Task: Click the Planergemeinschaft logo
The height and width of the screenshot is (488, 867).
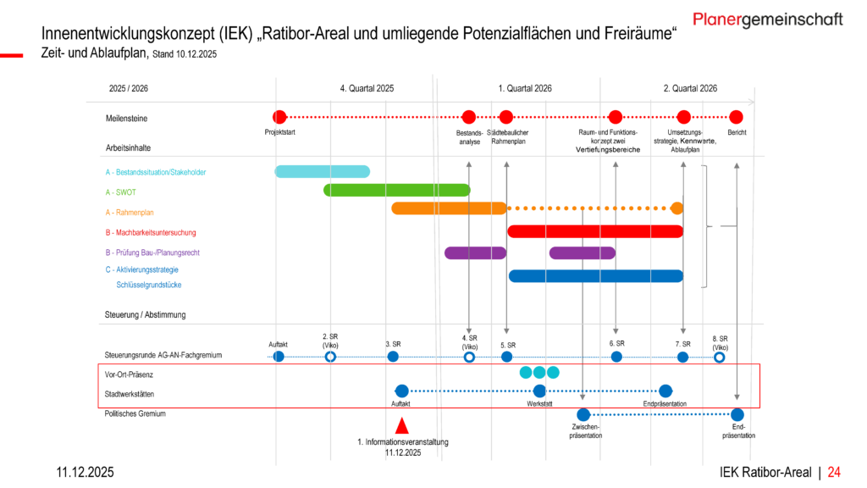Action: (x=767, y=19)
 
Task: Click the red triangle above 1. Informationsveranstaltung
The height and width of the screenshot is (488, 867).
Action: (x=403, y=426)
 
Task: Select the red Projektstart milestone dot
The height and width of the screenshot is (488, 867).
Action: (x=279, y=117)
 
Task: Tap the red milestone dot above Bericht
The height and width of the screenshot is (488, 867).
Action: (x=737, y=117)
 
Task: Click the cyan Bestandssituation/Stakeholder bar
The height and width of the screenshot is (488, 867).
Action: (x=322, y=172)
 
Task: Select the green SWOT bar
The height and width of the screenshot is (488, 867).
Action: (x=396, y=190)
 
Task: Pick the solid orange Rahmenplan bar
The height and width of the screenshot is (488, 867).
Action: (x=449, y=208)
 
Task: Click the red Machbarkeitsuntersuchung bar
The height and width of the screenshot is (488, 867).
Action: (x=595, y=231)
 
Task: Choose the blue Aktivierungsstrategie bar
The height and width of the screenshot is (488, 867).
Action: (x=596, y=275)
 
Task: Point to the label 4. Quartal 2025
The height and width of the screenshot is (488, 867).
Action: (x=367, y=88)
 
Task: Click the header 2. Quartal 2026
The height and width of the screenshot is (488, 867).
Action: (x=690, y=88)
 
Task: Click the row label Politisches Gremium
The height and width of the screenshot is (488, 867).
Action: (x=135, y=414)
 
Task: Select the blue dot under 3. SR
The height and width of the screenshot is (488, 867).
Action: (x=393, y=357)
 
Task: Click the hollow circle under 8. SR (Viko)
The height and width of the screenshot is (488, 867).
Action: (x=720, y=358)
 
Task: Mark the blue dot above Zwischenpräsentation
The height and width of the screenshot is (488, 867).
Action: (x=583, y=414)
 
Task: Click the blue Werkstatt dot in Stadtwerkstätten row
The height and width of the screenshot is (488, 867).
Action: (x=539, y=391)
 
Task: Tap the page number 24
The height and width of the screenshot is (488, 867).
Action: (x=834, y=472)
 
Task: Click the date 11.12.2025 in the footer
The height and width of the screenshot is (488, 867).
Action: (x=85, y=472)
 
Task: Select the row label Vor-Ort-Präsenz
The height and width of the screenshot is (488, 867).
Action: (x=130, y=374)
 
